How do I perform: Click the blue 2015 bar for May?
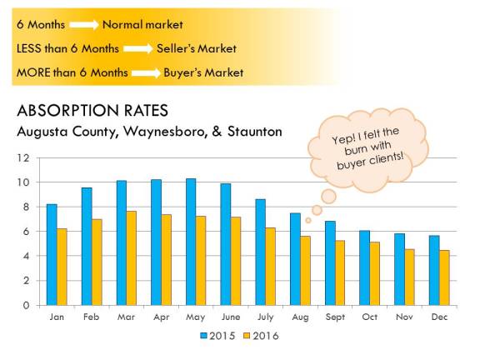[191, 242]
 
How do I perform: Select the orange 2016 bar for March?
[132, 258]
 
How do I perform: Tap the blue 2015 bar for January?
[52, 254]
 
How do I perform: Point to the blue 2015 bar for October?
[364, 267]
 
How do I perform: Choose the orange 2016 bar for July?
[271, 267]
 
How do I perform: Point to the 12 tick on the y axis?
[24, 157]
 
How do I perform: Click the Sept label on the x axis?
[335, 317]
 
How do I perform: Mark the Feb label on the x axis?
[92, 317]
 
